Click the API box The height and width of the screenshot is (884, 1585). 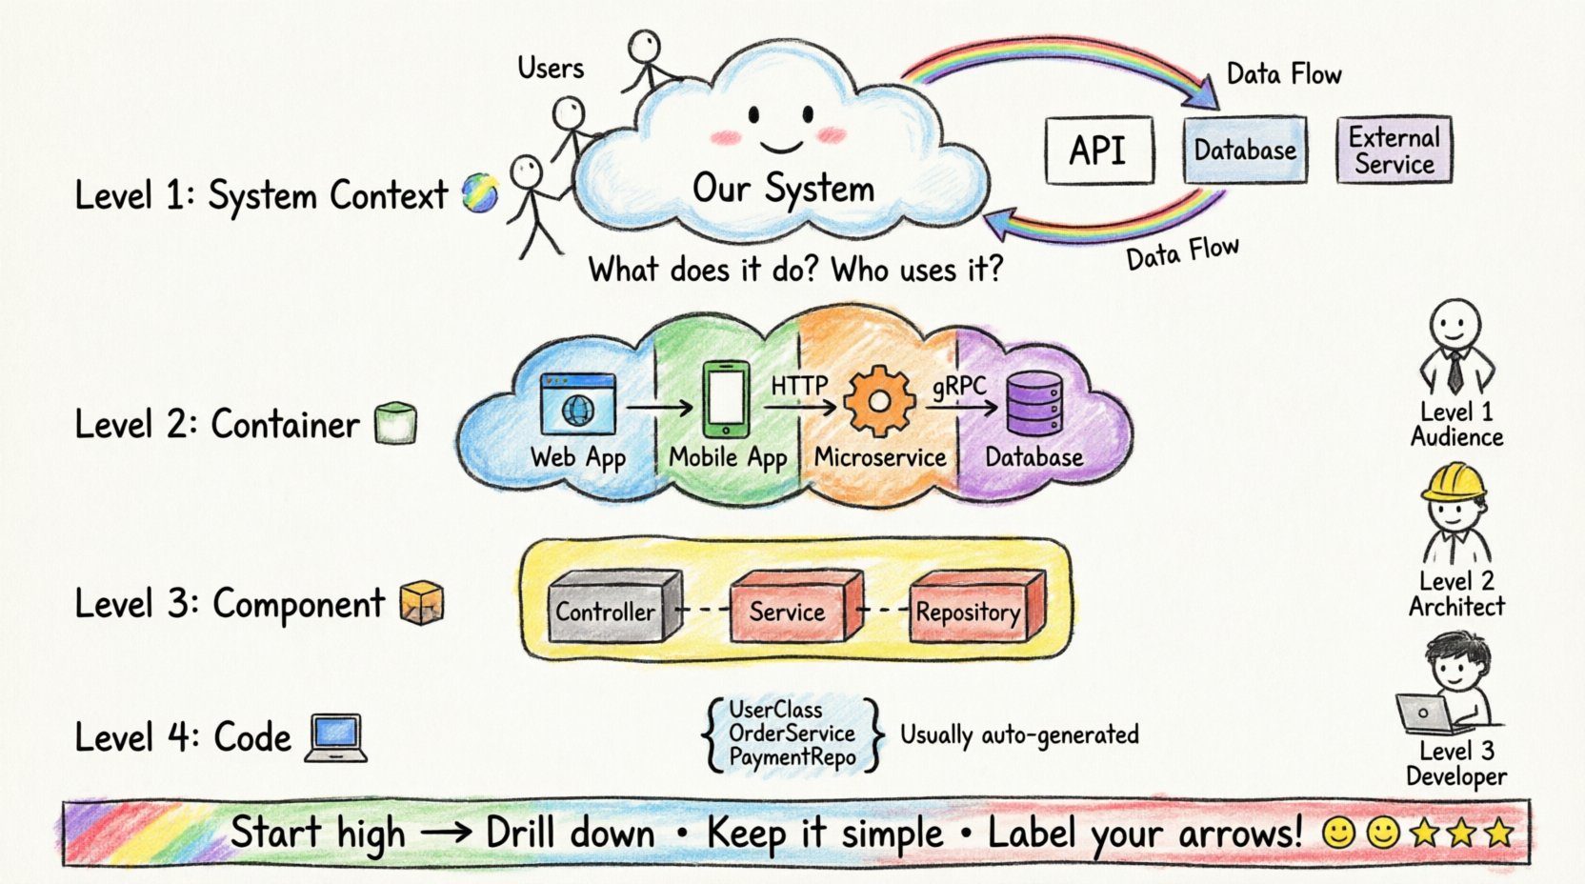click(1098, 151)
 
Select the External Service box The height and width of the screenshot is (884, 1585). click(1394, 151)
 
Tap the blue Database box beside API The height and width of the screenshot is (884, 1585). click(1245, 151)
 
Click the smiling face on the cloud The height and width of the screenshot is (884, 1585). click(781, 129)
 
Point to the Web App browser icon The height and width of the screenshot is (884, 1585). click(577, 405)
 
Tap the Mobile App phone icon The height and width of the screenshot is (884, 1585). click(726, 400)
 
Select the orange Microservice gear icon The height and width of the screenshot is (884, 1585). click(879, 402)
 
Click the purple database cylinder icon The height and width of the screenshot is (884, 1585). click(1034, 404)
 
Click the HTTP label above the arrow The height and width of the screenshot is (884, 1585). click(798, 385)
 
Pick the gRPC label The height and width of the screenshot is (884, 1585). click(959, 386)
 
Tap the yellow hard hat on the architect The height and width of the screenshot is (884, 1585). click(1455, 482)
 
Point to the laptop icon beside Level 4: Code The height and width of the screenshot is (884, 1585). click(336, 738)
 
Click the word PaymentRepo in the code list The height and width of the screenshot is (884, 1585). click(792, 758)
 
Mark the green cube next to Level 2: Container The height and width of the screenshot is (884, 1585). click(396, 423)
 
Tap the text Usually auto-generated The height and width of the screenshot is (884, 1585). click(1019, 734)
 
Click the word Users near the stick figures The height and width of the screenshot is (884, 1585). click(551, 68)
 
